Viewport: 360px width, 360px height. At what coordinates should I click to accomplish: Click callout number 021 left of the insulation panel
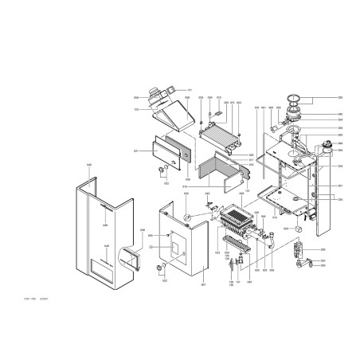click(135, 151)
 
